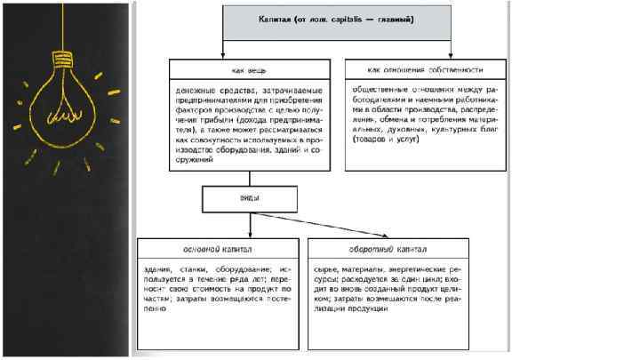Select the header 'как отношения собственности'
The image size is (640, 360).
425,69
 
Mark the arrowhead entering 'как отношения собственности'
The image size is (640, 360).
452,55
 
